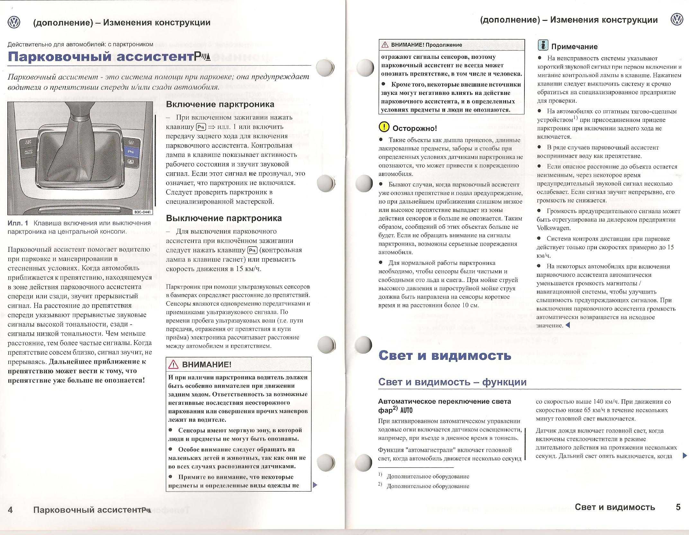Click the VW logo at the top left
click(x=14, y=22)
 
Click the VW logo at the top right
click(x=676, y=20)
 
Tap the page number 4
click(x=10, y=510)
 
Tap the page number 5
click(x=678, y=507)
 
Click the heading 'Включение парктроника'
click(x=220, y=104)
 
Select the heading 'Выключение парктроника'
click(x=224, y=218)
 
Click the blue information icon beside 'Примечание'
click(x=543, y=45)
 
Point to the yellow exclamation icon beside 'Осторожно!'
click(x=384, y=127)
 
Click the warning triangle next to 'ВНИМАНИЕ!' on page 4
click(x=174, y=364)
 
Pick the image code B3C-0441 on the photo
click(x=143, y=212)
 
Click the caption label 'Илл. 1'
click(x=18, y=223)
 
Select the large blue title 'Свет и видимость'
click(x=445, y=355)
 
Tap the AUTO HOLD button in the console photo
click(x=28, y=152)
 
